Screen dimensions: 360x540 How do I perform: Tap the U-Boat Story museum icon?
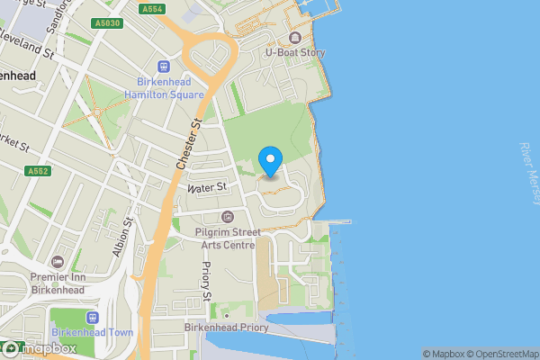(x=295, y=38)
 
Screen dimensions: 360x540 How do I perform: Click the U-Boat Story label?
(x=295, y=53)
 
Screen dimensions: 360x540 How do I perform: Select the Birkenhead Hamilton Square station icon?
(x=164, y=66)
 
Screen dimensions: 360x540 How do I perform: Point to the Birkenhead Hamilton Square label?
(x=164, y=87)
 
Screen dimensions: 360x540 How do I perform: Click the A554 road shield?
(x=152, y=8)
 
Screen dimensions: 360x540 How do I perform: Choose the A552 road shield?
(x=37, y=170)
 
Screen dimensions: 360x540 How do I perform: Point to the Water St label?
(x=206, y=187)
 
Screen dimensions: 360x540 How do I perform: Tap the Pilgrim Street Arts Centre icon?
(x=227, y=216)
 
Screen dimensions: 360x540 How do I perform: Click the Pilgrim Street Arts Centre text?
(x=227, y=238)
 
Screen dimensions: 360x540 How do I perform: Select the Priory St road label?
(x=207, y=281)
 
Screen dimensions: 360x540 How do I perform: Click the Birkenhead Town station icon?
(x=90, y=318)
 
